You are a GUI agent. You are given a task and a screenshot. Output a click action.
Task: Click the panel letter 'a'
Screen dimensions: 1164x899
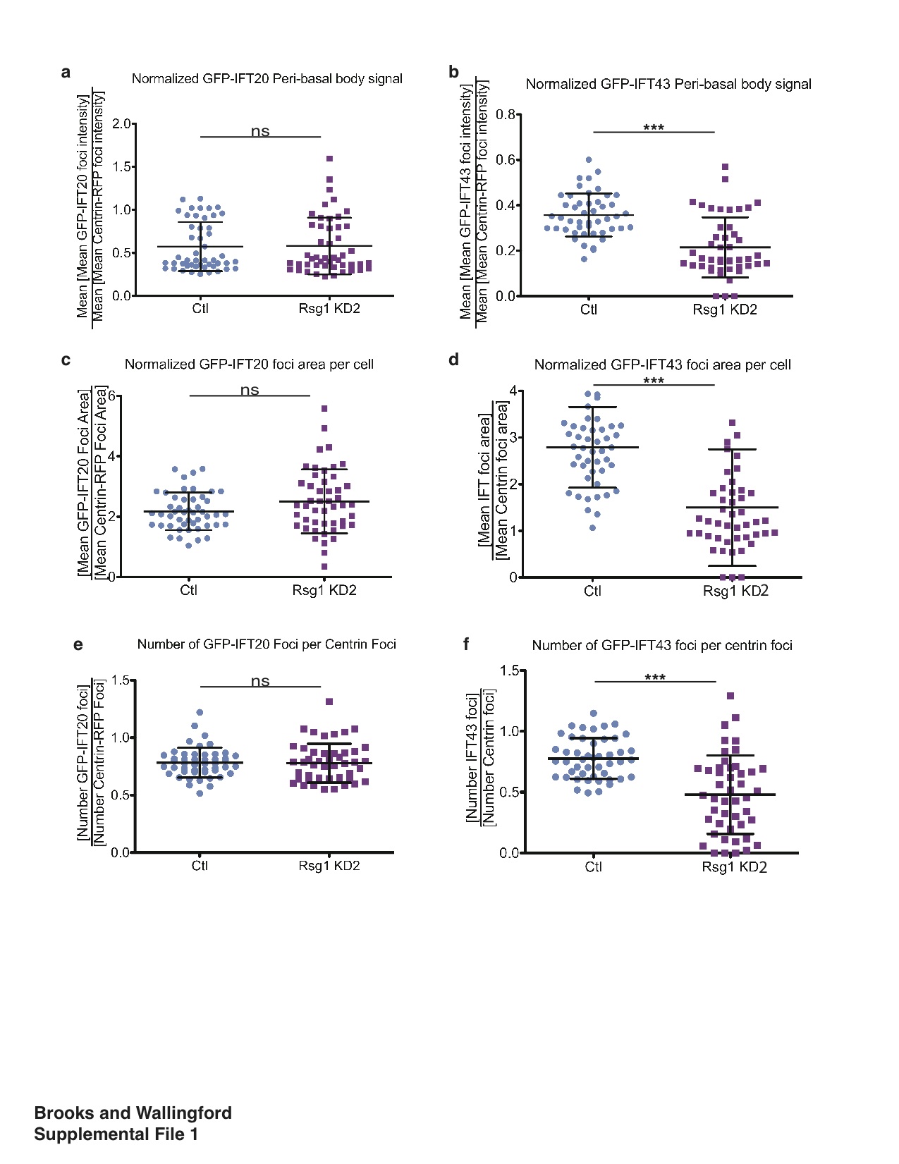(66, 73)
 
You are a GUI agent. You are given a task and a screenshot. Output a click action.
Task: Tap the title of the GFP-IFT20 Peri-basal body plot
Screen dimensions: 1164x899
(267, 79)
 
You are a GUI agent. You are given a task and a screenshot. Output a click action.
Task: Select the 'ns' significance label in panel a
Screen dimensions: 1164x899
(260, 131)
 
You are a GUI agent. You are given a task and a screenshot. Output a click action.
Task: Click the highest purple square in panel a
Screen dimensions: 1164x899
(329, 159)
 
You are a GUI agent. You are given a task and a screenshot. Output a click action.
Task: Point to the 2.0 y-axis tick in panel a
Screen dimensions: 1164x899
(122, 124)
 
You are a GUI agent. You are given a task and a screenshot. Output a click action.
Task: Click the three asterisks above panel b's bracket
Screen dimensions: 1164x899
(654, 128)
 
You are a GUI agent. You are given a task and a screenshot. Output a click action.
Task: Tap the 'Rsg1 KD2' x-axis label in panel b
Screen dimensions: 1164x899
(724, 310)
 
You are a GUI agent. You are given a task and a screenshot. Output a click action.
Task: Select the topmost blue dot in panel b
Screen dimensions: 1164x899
(589, 160)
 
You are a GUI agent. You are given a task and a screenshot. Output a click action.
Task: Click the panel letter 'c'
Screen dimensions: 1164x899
(66, 360)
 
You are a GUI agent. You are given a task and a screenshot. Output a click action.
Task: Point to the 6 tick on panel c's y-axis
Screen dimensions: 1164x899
(111, 396)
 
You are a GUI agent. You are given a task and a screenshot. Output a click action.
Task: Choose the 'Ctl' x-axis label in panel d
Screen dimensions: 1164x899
(592, 591)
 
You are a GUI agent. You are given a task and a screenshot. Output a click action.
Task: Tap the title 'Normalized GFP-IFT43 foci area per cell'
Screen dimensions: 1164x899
(662, 365)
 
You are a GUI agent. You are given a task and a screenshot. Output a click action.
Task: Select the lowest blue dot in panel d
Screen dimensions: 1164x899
(592, 527)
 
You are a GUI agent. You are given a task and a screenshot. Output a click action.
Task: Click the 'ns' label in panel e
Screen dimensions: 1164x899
(260, 681)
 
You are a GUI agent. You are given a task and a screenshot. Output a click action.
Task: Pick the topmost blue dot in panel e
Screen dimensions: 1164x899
(200, 713)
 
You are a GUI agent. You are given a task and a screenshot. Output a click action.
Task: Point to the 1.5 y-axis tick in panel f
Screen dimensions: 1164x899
(509, 670)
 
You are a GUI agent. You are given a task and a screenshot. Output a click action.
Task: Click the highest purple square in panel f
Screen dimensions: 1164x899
(730, 696)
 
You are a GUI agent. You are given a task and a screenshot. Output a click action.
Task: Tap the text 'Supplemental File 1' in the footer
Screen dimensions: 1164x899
(116, 1134)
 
